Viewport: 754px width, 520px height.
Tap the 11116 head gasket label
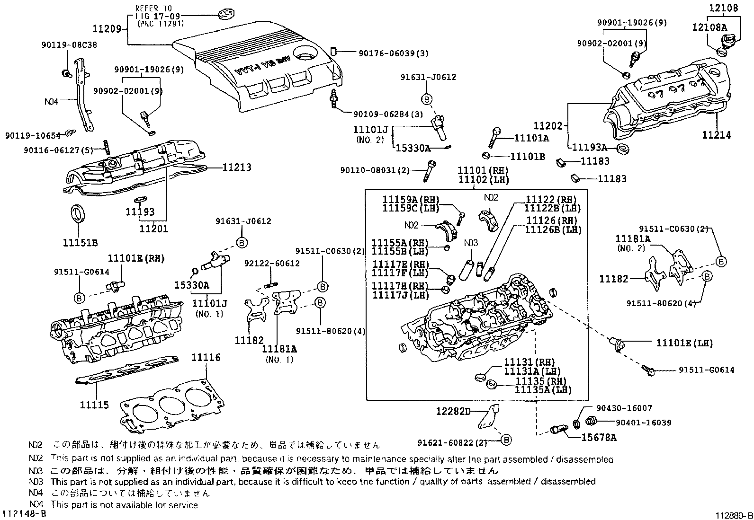206,357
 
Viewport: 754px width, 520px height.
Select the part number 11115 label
94,405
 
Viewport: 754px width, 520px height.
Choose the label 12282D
453,412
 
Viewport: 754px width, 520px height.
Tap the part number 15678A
599,438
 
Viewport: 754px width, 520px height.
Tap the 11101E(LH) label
684,343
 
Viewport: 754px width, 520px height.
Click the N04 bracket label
51,101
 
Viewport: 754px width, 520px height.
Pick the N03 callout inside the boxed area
471,243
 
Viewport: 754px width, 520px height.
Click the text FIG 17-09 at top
154,16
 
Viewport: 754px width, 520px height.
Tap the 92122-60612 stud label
272,263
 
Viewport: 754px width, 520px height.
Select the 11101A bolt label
531,138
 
